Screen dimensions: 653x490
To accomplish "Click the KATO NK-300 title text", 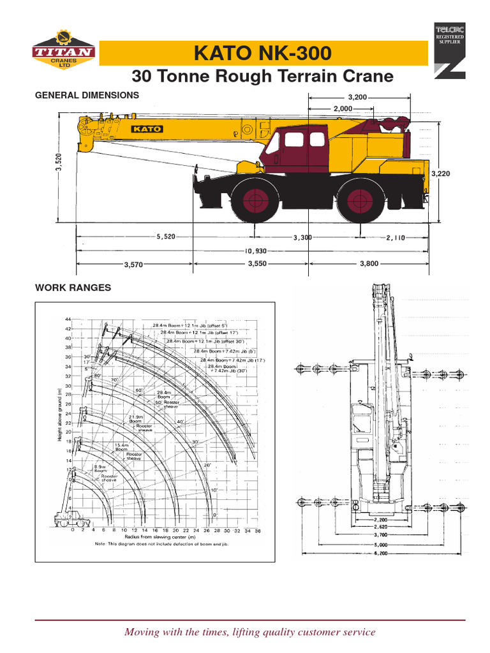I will (x=263, y=54).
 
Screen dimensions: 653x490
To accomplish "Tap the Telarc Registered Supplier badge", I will (x=450, y=49).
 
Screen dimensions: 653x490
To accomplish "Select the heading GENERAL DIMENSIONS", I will (x=87, y=94).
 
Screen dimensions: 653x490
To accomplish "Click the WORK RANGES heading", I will (x=73, y=288).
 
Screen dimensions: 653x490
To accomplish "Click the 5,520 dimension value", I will (x=165, y=237).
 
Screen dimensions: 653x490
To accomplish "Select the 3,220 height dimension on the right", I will (x=441, y=173).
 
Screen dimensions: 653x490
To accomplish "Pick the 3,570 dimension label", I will (x=133, y=263).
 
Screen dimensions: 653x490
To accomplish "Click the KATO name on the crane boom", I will (x=147, y=129).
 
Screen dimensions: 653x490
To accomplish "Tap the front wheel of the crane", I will (x=255, y=200).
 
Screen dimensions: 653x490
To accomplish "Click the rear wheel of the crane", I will (x=361, y=200).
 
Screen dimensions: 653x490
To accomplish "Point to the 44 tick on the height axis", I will (x=68, y=319).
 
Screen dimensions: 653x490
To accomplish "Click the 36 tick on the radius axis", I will (x=257, y=530).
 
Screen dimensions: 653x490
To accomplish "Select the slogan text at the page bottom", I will (x=249, y=632).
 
